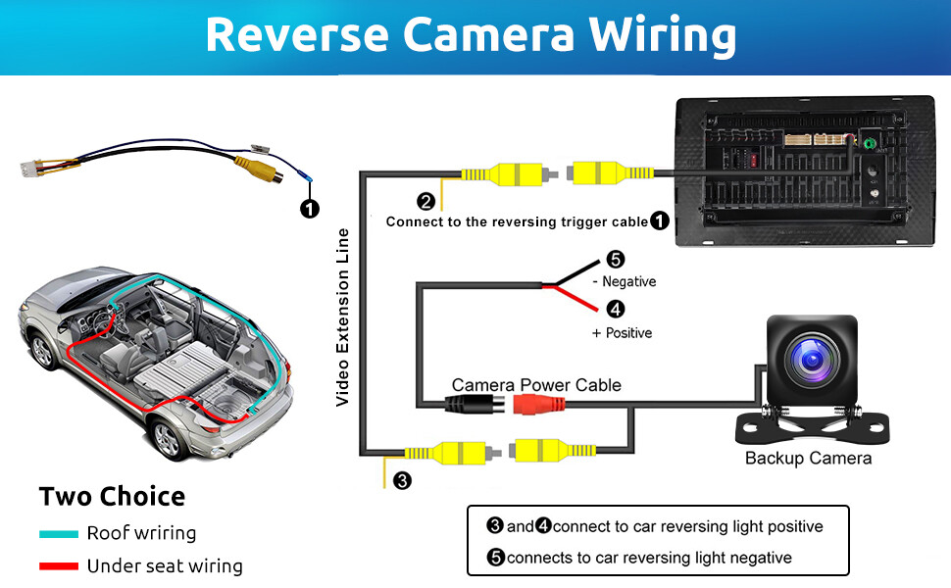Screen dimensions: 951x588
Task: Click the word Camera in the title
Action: tap(488, 34)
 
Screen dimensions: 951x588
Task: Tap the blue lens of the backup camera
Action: tap(812, 360)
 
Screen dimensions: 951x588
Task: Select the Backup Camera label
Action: tap(808, 459)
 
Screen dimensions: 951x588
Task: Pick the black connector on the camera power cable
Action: tap(475, 404)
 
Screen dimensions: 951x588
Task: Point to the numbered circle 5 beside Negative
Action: tap(615, 260)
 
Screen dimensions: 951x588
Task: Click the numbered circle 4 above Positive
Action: tap(615, 309)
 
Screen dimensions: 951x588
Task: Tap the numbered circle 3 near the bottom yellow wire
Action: tap(402, 481)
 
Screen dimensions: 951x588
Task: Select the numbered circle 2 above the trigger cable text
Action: tap(425, 202)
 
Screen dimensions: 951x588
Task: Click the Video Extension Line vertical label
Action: tap(343, 318)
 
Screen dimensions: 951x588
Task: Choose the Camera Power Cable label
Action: tap(536, 385)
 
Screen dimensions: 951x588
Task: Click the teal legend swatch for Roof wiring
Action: tap(59, 534)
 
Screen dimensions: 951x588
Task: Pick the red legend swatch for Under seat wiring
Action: tap(59, 566)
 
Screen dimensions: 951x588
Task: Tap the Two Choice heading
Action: tap(112, 497)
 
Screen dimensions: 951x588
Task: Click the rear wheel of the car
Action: tap(167, 439)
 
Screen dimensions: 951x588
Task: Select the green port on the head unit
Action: tap(869, 144)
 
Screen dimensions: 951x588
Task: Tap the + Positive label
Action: tap(622, 333)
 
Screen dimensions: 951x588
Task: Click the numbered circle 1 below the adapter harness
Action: tap(309, 209)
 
